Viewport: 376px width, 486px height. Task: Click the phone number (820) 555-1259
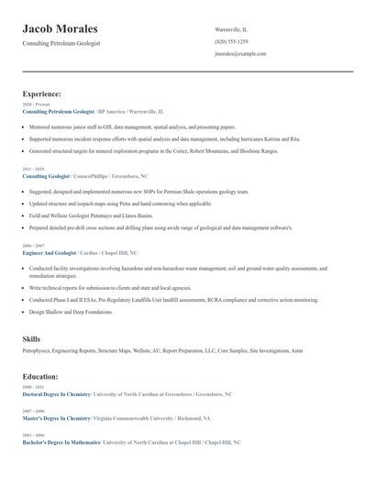[x=231, y=42]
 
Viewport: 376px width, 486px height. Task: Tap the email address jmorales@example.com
[x=240, y=54]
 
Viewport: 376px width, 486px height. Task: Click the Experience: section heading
[x=42, y=94]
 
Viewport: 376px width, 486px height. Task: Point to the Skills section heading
[x=31, y=339]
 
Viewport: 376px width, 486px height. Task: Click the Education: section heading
[x=41, y=376]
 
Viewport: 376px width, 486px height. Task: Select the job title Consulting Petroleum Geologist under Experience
[x=59, y=110]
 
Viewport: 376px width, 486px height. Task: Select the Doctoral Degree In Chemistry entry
[x=57, y=393]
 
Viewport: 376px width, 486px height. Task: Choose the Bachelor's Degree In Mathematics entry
[x=61, y=442]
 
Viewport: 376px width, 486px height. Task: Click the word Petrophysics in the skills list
[x=39, y=351]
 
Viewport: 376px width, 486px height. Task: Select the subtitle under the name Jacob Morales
[x=61, y=43]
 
